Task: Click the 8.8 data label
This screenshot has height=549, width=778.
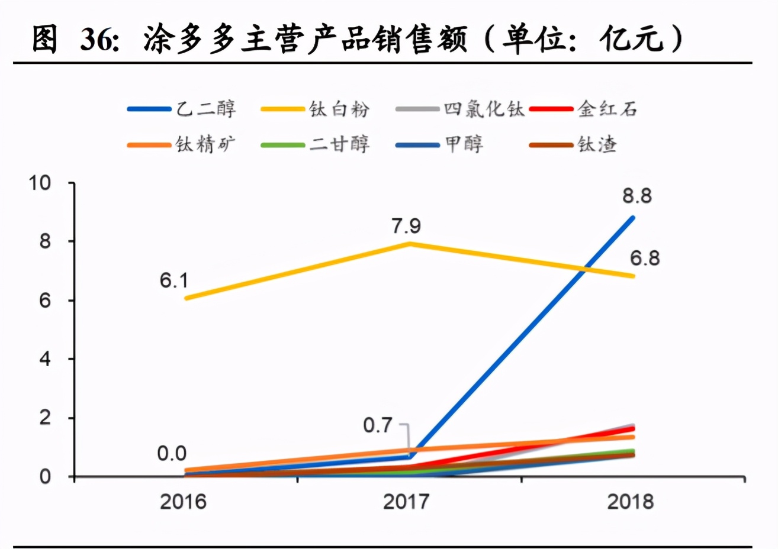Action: (637, 196)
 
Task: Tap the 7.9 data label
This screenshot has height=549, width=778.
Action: (406, 226)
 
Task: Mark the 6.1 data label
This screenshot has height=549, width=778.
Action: (174, 280)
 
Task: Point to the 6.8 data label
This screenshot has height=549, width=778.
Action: (645, 259)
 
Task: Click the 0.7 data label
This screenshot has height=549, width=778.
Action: (378, 425)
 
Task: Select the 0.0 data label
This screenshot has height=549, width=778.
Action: (172, 454)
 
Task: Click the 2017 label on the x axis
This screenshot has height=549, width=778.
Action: (406, 502)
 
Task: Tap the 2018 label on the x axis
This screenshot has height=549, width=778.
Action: (631, 502)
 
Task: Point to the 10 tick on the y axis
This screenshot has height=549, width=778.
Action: (40, 183)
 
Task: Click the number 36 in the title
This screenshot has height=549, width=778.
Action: (97, 40)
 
